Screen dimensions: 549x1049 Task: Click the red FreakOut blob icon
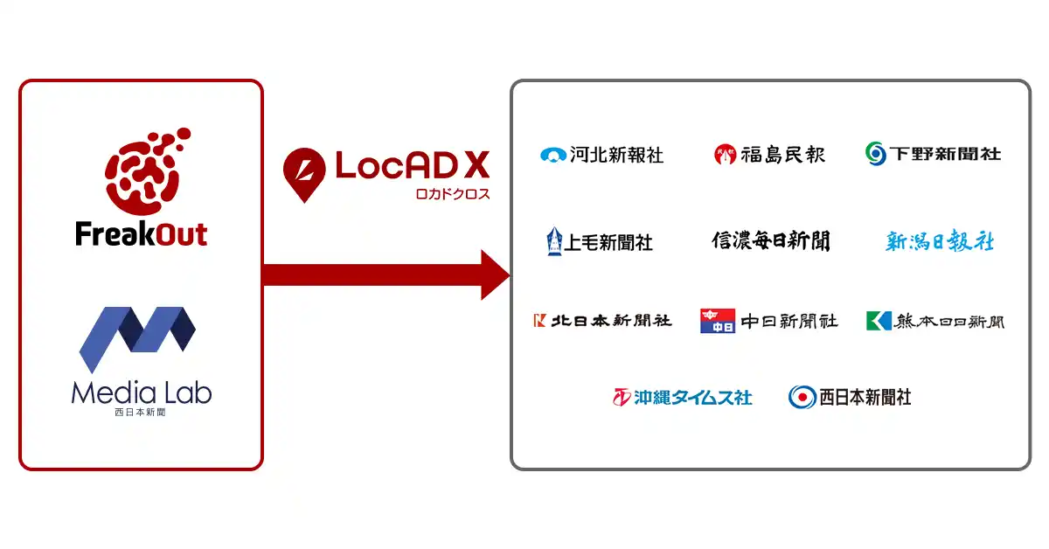[x=142, y=173]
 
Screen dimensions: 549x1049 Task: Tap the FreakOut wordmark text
[x=141, y=234]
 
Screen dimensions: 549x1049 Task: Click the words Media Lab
[x=141, y=392]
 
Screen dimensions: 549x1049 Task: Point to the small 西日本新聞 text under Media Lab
[x=141, y=412]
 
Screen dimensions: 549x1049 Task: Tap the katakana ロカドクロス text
[x=452, y=194]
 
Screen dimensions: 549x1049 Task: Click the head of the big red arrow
[x=495, y=274]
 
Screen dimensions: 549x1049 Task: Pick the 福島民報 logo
[x=769, y=155]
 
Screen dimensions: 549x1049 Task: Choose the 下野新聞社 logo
[x=933, y=154]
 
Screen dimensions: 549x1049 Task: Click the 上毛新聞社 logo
[x=600, y=241]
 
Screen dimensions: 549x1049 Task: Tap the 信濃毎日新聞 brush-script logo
[x=770, y=240]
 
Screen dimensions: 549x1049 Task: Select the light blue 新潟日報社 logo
[x=939, y=240]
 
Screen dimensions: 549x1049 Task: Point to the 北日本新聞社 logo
[x=602, y=321]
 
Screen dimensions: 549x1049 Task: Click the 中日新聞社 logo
[x=768, y=321]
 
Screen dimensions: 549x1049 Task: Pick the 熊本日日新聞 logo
[x=934, y=321]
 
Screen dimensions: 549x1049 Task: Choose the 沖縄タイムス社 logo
[x=682, y=398]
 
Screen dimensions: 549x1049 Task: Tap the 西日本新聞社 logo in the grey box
[x=850, y=397]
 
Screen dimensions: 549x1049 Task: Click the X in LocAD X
[x=476, y=165]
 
